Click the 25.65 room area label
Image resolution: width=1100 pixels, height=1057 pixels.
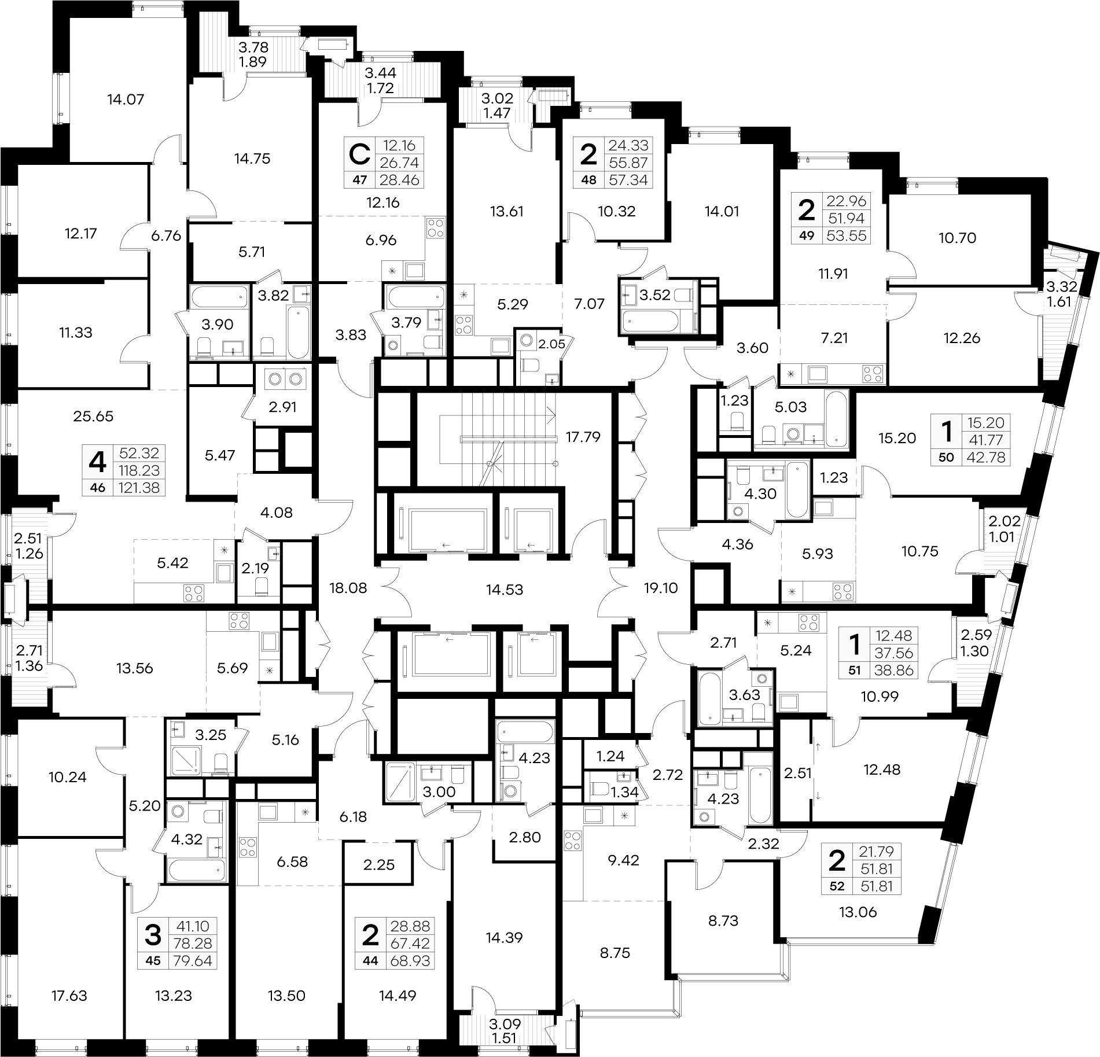[x=94, y=416]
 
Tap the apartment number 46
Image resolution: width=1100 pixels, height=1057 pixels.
[x=98, y=487]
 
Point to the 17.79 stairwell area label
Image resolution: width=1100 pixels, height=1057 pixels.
[x=583, y=437]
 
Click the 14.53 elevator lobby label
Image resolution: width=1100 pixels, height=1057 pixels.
[x=505, y=590]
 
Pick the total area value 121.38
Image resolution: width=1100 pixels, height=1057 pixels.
[x=142, y=487]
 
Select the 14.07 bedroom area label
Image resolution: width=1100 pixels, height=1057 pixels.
[x=126, y=100]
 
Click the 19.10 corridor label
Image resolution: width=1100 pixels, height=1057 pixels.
[x=660, y=588]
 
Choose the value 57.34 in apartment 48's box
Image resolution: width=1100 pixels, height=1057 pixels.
[x=629, y=179]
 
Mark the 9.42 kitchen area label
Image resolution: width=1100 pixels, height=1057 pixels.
[x=623, y=860]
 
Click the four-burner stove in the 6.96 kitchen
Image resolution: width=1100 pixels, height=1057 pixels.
[x=436, y=227]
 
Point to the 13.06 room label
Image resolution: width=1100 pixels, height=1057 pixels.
[x=858, y=912]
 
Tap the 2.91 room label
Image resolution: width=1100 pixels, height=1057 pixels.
[x=283, y=407]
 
